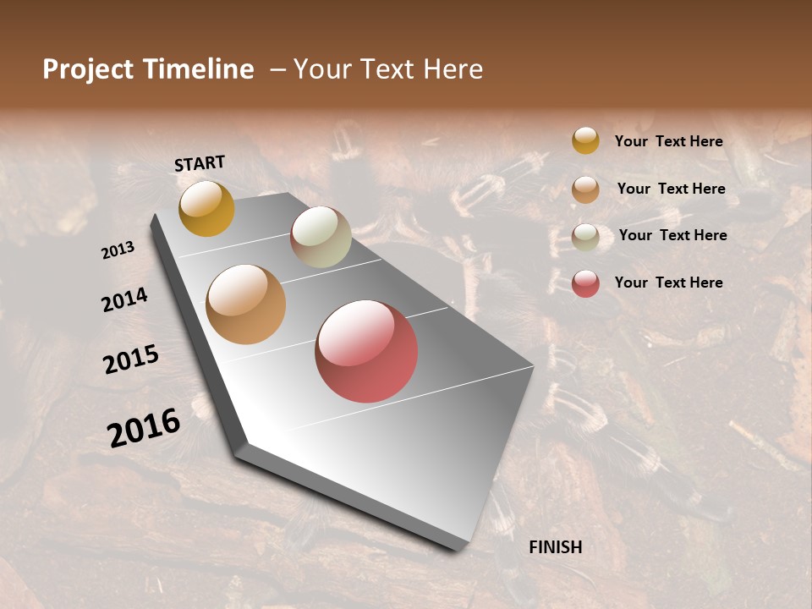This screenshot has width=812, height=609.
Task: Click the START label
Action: (x=200, y=163)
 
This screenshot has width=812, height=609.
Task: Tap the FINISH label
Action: (x=556, y=547)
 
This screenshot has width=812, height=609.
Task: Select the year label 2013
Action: (x=118, y=250)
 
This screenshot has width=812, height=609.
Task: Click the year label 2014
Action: (x=125, y=300)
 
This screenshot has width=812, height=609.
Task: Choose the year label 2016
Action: (x=144, y=428)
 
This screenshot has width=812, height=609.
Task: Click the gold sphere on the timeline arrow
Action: (x=206, y=208)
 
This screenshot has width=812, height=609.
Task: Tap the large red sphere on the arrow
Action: (x=366, y=351)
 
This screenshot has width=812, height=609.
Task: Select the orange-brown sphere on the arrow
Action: (x=246, y=304)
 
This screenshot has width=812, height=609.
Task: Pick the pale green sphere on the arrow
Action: (x=321, y=237)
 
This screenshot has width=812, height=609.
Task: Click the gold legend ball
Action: (x=585, y=140)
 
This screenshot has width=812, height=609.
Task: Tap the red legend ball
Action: (x=585, y=283)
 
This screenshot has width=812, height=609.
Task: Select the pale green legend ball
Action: (x=585, y=237)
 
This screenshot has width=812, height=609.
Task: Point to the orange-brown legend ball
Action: (x=585, y=189)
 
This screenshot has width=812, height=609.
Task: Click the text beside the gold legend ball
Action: (x=668, y=141)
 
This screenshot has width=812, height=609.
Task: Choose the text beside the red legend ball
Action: (x=668, y=283)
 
